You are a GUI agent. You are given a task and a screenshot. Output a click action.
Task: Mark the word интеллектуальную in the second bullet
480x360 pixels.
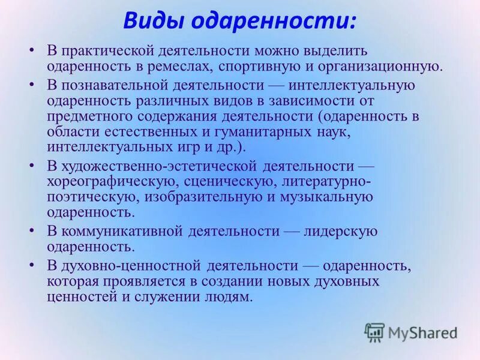pyautogui.click(x=355, y=85)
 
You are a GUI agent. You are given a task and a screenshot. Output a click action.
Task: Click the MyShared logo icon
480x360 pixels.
pyautogui.click(x=374, y=332)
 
